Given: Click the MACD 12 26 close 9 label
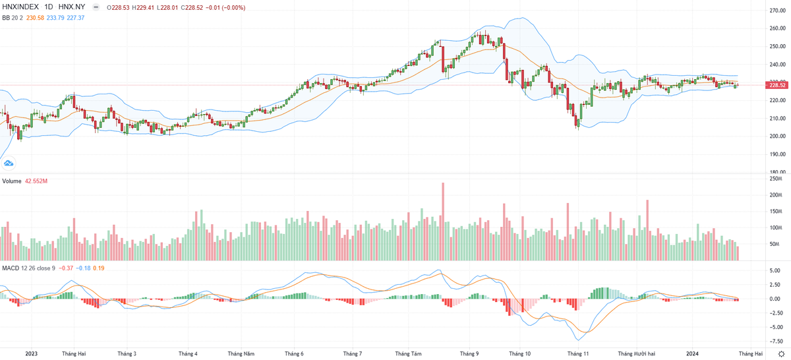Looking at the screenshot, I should point(29,268).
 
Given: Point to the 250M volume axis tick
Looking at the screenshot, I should point(776,179).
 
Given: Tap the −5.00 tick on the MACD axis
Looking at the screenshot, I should point(775,327).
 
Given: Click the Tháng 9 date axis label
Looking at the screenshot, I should point(469,354).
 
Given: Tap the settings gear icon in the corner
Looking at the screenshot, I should point(781,354).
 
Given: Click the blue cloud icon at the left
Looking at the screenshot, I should point(9,162).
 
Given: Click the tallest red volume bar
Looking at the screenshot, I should point(443,221).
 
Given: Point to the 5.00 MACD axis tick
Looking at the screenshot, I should point(775,270).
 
